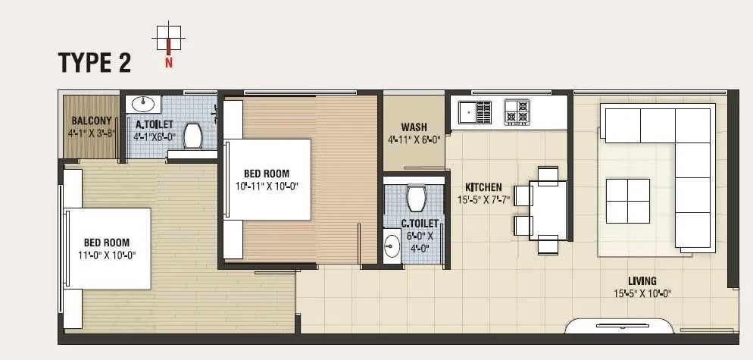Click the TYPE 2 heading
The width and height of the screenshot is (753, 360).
click(x=95, y=63)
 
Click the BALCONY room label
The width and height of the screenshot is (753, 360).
click(x=92, y=121)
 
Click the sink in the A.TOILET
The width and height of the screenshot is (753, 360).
click(x=145, y=104)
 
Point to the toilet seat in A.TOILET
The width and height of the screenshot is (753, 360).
click(x=193, y=136)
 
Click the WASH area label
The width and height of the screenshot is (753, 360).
click(x=414, y=127)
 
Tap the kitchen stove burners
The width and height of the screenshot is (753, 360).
click(x=517, y=111)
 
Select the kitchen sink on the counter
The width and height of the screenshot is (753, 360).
click(x=475, y=112)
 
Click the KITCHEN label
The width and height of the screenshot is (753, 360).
click(x=483, y=186)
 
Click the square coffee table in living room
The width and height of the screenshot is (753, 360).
click(x=628, y=201)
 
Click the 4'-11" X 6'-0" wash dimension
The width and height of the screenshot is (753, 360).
click(x=414, y=139)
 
